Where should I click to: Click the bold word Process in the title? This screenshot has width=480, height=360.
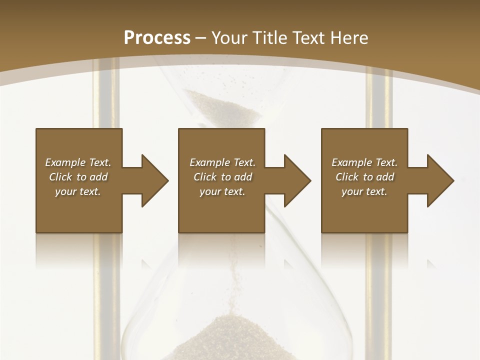click(x=157, y=37)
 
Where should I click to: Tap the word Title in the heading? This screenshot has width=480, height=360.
click(x=269, y=38)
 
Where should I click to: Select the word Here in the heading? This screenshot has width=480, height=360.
click(x=348, y=38)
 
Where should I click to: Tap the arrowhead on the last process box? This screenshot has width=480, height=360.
click(x=440, y=180)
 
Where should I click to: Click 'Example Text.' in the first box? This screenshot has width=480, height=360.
click(x=78, y=162)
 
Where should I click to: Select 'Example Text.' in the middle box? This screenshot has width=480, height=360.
click(x=222, y=162)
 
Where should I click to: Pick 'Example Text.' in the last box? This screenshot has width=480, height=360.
click(x=364, y=162)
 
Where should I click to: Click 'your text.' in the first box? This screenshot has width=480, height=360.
click(x=78, y=191)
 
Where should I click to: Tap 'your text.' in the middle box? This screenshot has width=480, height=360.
click(x=222, y=191)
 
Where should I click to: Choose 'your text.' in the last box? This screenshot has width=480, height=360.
click(x=364, y=191)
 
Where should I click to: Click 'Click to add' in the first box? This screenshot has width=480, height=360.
click(x=78, y=177)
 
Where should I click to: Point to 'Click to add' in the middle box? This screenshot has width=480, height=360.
click(x=222, y=177)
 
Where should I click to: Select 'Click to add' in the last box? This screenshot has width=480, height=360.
click(x=364, y=177)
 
